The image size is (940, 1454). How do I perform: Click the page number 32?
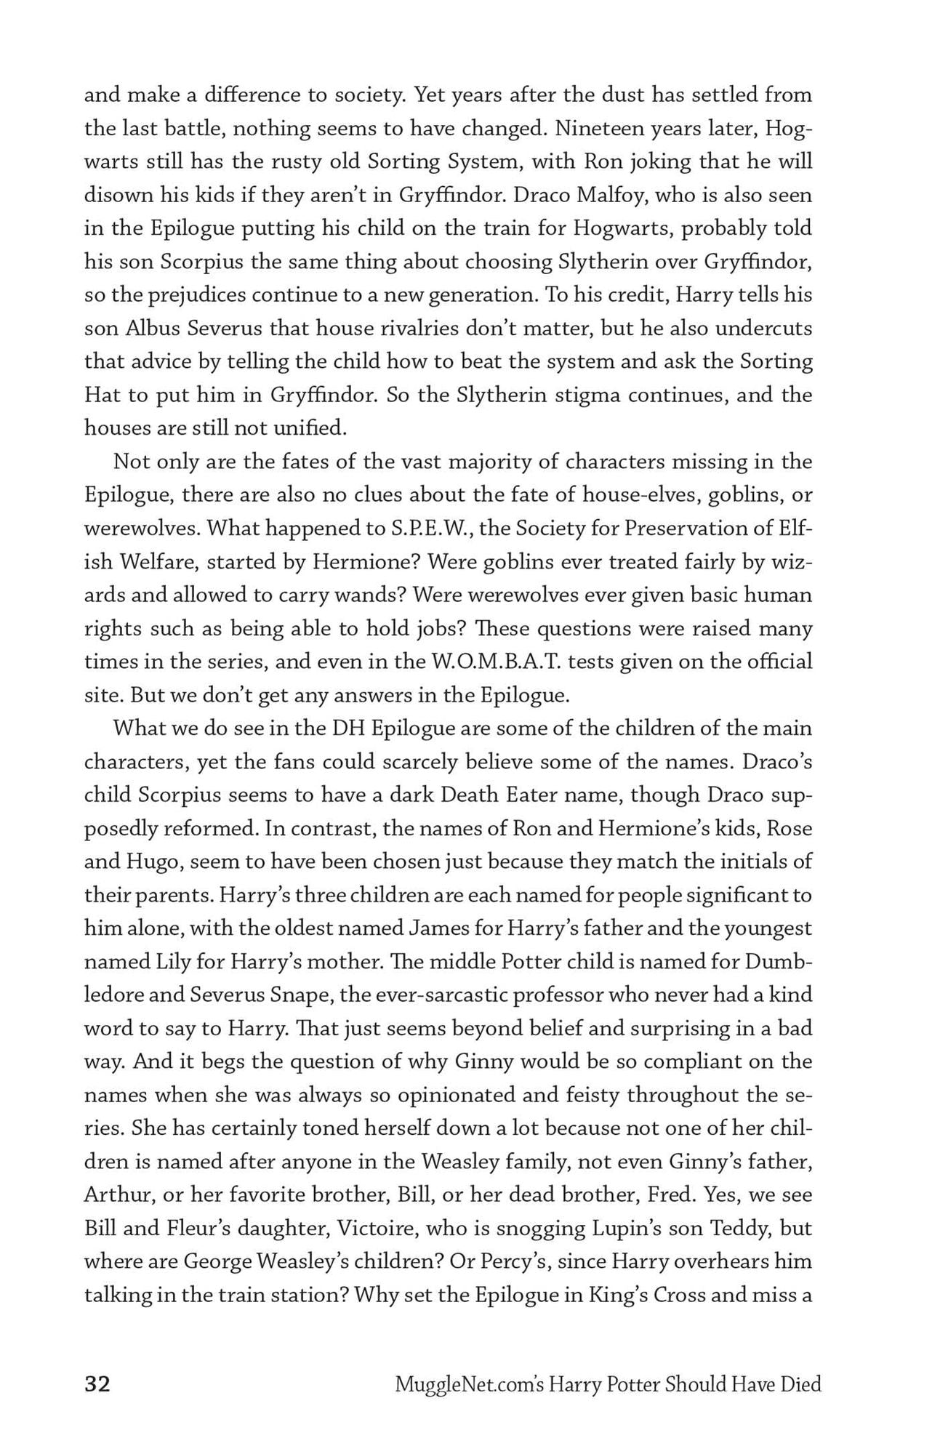pyautogui.click(x=97, y=1383)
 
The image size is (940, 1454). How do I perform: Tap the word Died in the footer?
pyautogui.click(x=801, y=1384)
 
